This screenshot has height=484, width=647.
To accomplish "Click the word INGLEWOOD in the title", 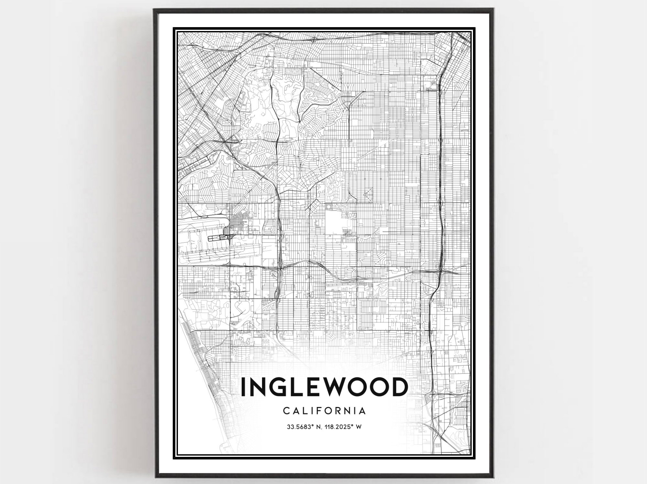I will coord(324,387).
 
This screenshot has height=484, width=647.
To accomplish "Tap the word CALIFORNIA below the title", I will coord(324,411).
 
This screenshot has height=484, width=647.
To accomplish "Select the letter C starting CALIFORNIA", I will coord(286,411).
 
